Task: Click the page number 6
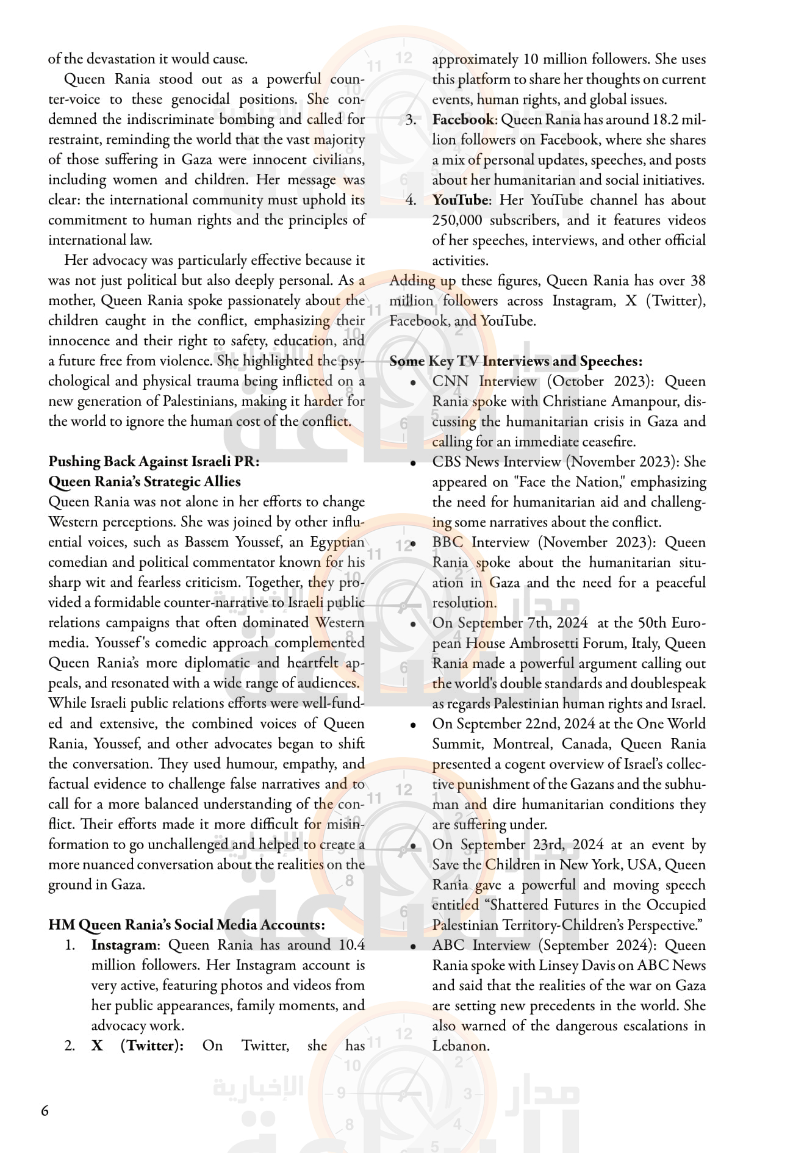click(x=45, y=1110)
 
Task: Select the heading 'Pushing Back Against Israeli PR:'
click(x=154, y=461)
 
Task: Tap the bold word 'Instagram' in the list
click(x=124, y=945)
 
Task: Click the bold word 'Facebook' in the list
click(x=463, y=120)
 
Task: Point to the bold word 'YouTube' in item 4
click(x=460, y=200)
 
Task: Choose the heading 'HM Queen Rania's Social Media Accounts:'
click(x=186, y=925)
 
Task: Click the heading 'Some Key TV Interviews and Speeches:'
click(x=515, y=361)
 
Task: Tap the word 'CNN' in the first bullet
click(x=450, y=381)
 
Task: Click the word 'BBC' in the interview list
click(x=448, y=542)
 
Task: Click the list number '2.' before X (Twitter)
click(x=70, y=1046)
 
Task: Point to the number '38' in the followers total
click(x=697, y=281)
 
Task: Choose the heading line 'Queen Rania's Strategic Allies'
click(x=145, y=481)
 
